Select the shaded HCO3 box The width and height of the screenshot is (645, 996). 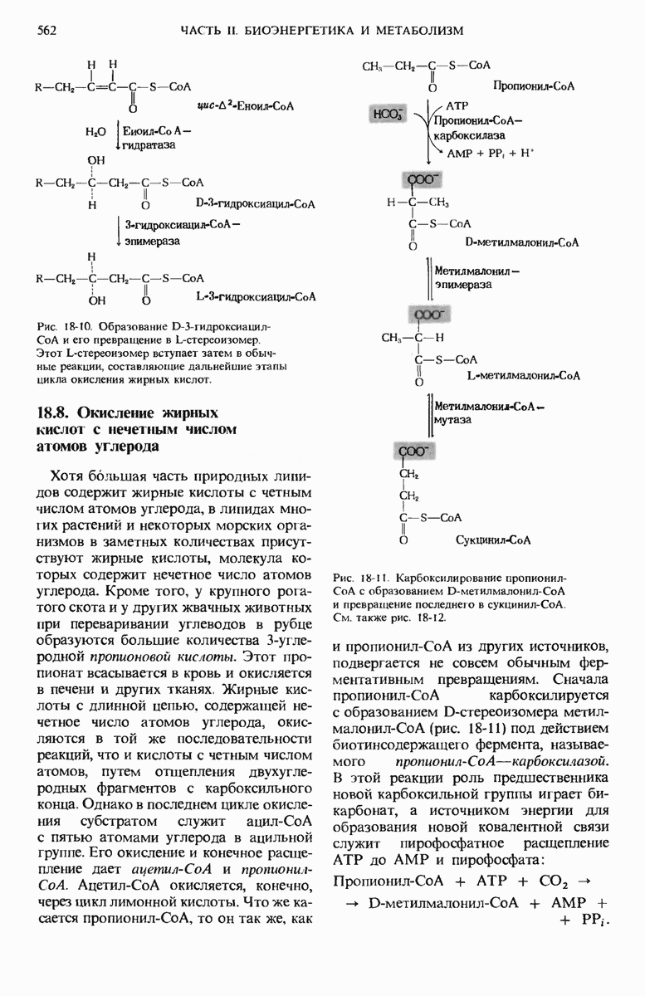(x=387, y=115)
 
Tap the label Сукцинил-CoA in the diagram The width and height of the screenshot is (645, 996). (x=494, y=540)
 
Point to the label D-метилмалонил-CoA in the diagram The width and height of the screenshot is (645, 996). (x=522, y=243)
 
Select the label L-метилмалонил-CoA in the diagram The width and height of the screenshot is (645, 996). (x=524, y=376)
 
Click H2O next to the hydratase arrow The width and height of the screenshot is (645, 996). (x=95, y=131)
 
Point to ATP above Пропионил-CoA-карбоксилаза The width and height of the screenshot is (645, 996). (x=458, y=107)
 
